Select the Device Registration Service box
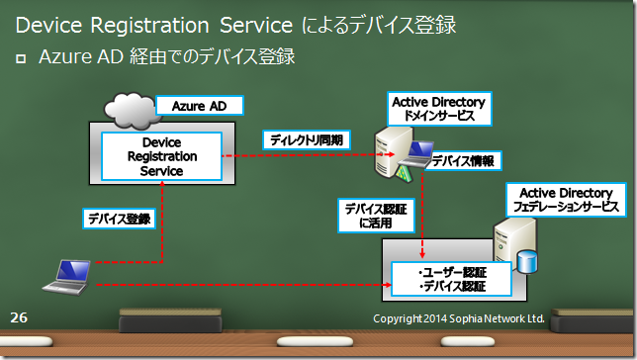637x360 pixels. (162, 157)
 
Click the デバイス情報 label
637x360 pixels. (461, 160)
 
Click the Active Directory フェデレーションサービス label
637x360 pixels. (566, 199)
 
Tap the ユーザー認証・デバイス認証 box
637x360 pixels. (451, 279)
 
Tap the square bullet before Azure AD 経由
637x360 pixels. (22, 59)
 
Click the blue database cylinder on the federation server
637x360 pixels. (530, 260)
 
